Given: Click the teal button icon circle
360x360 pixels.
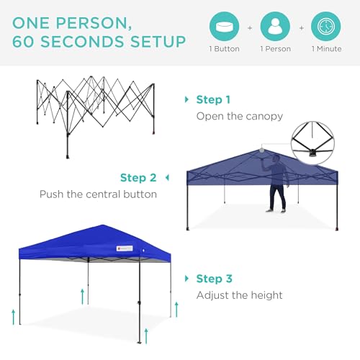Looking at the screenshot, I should click(x=224, y=27).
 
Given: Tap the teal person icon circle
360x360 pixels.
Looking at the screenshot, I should click(x=275, y=27).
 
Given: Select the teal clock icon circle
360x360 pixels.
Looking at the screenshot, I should click(x=326, y=27).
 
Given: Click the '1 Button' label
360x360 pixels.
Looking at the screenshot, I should click(x=224, y=50).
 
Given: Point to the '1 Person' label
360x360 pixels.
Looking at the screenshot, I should click(x=275, y=50).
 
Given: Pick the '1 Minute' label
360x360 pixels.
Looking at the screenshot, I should click(x=326, y=50).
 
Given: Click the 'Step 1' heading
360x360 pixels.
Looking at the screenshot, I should click(x=214, y=99).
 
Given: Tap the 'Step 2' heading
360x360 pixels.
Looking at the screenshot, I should click(x=138, y=178).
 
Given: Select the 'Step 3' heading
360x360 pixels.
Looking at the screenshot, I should click(x=214, y=279).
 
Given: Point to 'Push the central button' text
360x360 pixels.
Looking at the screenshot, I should click(x=98, y=194).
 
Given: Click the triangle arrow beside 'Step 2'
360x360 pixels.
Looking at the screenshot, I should click(x=167, y=178).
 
